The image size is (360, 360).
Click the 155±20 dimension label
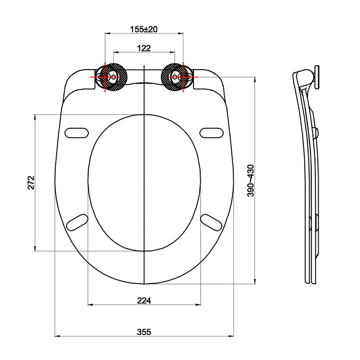(144, 29)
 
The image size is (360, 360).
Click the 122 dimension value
(144, 48)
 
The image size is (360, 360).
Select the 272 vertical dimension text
(31, 182)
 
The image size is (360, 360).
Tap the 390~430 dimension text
(251, 180)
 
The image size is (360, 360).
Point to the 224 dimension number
(144, 300)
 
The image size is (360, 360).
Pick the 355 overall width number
(144, 332)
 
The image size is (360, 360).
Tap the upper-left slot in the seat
(77, 132)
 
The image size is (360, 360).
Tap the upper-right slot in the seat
(212, 132)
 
